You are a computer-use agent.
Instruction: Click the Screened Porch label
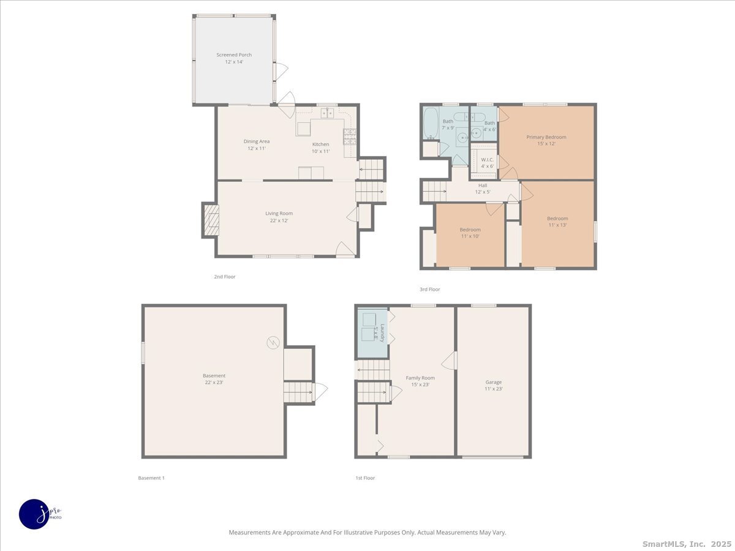[234, 58]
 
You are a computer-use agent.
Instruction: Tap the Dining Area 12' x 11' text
[257, 145]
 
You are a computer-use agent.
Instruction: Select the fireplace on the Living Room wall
[211, 220]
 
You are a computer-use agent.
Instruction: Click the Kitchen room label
[321, 148]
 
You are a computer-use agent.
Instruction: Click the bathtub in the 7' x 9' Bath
[430, 123]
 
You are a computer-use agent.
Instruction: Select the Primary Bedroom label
[546, 141]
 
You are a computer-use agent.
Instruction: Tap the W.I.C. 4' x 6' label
[487, 163]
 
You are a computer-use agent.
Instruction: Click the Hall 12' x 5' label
[483, 189]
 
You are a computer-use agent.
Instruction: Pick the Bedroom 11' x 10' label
[470, 233]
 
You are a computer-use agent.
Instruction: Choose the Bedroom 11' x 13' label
[557, 222]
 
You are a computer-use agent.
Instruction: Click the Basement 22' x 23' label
[214, 379]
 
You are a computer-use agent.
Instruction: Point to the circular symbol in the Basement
[272, 342]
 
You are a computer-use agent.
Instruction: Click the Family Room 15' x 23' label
[420, 381]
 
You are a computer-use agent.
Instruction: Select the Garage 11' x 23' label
[494, 385]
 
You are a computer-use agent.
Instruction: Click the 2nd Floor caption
[225, 277]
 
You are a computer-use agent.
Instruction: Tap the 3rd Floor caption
[429, 289]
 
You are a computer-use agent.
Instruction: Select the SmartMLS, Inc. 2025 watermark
[686, 544]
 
